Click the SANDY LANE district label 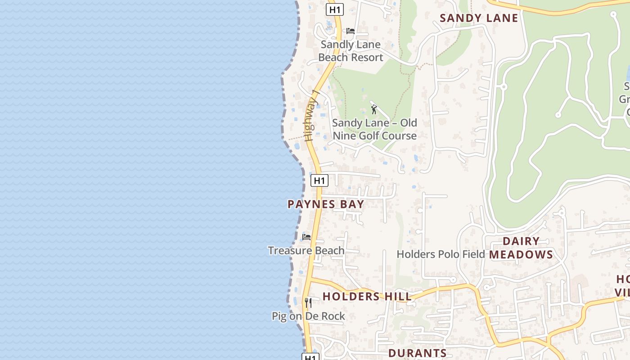click(479, 18)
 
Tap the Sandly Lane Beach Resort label click(351, 51)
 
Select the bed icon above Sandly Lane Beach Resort click(351, 31)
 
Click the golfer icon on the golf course click(373, 109)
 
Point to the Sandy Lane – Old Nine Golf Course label click(374, 129)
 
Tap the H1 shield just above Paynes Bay click(319, 180)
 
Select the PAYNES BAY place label click(326, 204)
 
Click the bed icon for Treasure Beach click(306, 237)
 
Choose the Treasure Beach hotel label click(306, 251)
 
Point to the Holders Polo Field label click(441, 254)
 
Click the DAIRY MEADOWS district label click(521, 248)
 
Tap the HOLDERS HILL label click(367, 297)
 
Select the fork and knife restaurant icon click(308, 302)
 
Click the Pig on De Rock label click(308, 316)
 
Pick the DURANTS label click(417, 353)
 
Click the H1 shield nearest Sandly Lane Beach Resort click(335, 9)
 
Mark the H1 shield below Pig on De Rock click(310, 357)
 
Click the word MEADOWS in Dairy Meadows click(521, 255)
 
